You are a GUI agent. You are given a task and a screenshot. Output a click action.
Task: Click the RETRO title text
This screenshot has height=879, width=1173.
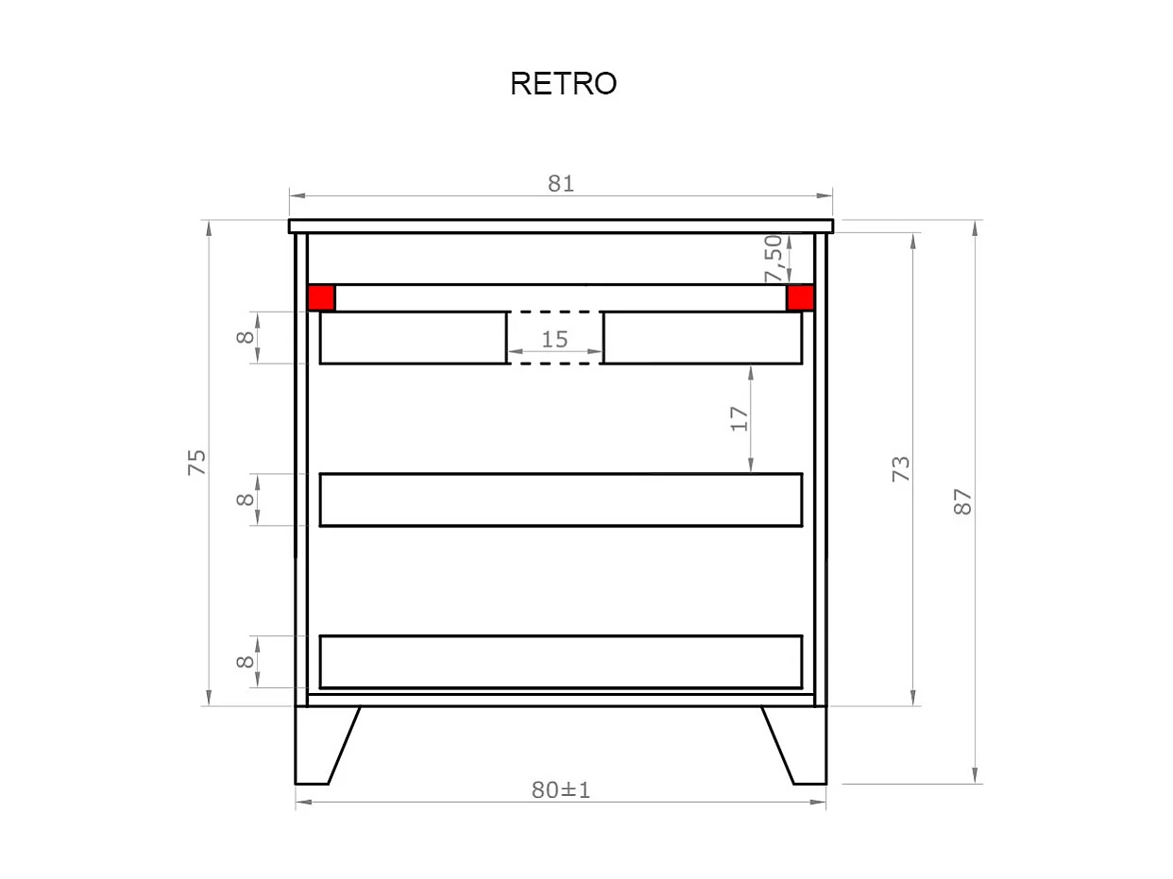click(x=563, y=84)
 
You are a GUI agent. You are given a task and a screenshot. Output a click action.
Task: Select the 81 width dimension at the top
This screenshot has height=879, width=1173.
click(x=561, y=183)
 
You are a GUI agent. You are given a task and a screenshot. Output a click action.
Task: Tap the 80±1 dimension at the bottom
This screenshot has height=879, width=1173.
click(x=560, y=790)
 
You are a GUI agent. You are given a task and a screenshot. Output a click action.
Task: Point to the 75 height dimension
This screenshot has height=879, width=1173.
click(x=196, y=462)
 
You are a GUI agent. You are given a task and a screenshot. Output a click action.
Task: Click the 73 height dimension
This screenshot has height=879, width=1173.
click(x=902, y=468)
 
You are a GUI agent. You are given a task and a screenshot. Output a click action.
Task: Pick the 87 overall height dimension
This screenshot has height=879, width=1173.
click(x=962, y=500)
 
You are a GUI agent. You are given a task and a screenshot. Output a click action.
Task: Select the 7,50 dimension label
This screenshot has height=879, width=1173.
click(x=773, y=258)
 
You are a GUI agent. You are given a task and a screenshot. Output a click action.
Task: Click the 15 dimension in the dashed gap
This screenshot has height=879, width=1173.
click(x=554, y=339)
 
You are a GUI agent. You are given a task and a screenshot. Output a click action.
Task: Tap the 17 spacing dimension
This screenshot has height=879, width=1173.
click(x=739, y=418)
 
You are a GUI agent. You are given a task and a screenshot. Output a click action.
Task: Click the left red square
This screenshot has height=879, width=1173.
click(x=321, y=297)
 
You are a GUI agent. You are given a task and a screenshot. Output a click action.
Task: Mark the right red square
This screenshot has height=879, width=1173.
click(x=801, y=297)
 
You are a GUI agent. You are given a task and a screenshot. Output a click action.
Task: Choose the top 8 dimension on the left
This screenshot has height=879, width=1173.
click(x=246, y=336)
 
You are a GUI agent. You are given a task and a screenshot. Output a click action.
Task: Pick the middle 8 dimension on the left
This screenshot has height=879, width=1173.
click(x=246, y=499)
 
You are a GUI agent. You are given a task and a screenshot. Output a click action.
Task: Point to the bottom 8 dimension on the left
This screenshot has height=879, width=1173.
click(x=246, y=661)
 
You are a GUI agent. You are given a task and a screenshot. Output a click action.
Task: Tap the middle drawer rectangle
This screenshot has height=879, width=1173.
click(x=561, y=499)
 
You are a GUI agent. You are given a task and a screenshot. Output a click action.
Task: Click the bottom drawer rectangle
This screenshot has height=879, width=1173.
click(x=561, y=662)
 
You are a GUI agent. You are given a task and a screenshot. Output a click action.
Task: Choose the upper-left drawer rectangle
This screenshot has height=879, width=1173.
click(x=413, y=337)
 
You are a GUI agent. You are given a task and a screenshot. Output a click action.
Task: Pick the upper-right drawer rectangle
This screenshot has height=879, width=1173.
click(x=703, y=337)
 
